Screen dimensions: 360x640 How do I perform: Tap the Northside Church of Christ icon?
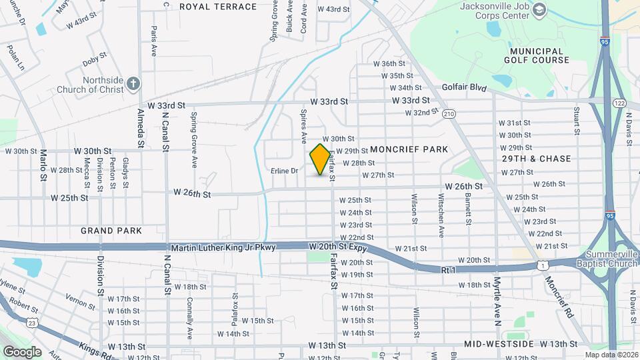(x=133, y=83)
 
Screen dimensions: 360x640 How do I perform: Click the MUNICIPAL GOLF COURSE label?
(x=540, y=55)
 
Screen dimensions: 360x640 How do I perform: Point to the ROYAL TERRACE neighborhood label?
(x=218, y=7)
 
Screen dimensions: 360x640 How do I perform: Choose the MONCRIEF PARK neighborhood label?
(x=409, y=149)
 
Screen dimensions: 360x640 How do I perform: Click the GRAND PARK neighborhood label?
(x=111, y=231)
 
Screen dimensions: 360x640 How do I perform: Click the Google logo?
(x=22, y=351)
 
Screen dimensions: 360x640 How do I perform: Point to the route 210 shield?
(x=449, y=114)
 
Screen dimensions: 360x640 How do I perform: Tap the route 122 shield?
(x=619, y=103)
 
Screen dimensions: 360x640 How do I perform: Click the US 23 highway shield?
(x=32, y=323)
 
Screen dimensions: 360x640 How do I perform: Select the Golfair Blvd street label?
(x=465, y=88)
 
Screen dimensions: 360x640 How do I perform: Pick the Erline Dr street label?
(x=284, y=171)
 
